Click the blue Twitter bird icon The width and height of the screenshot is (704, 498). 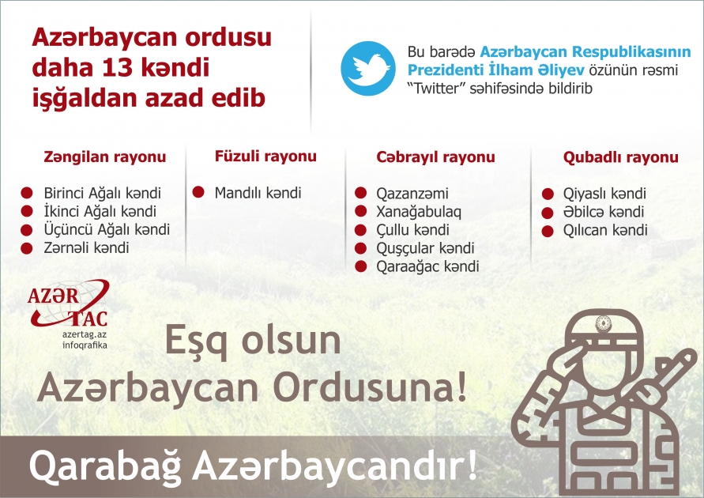pos(367,69)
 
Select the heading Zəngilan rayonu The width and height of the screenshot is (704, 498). pos(104,157)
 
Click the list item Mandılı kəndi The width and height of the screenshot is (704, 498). pos(258,193)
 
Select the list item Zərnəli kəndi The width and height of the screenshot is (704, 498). pos(87,247)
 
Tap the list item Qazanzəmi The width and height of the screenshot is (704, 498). pos(412,194)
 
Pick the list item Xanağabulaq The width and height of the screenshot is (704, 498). pos(419,212)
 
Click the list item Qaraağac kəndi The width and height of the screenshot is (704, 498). pos(427,266)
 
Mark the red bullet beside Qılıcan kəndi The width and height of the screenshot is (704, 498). pos(547,231)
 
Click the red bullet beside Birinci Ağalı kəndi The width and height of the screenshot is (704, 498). pos(26,194)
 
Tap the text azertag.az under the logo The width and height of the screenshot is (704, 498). pos(84,336)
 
